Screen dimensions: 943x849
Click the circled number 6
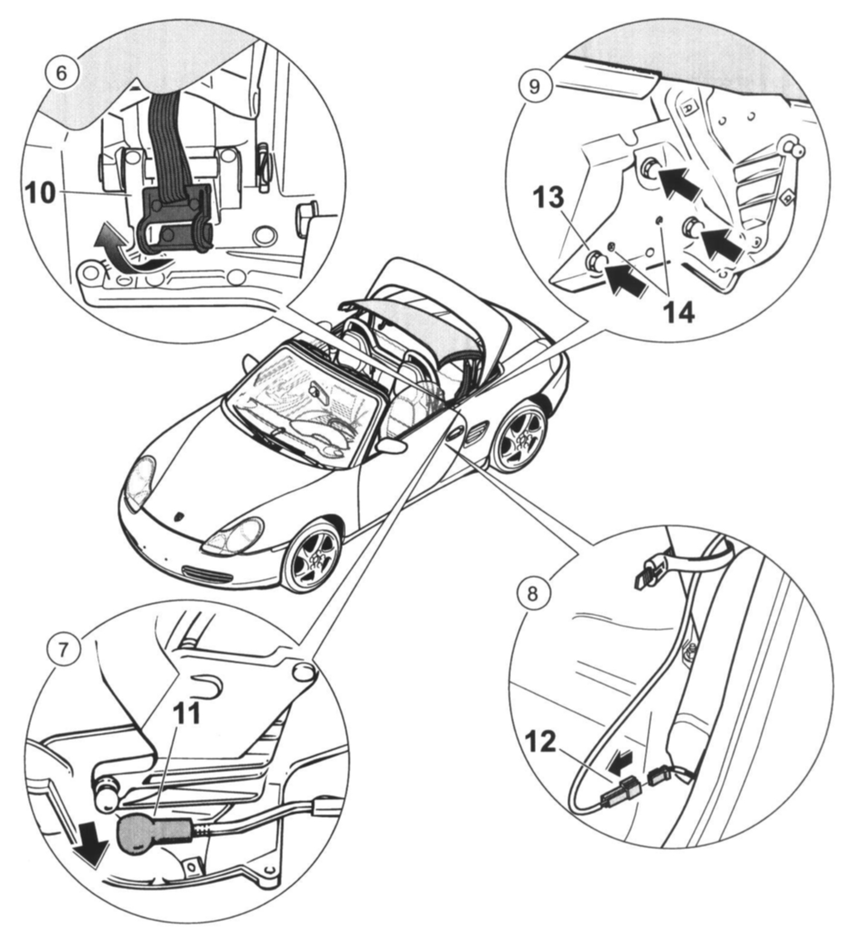(62, 73)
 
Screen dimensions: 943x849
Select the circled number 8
(532, 593)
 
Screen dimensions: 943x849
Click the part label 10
(41, 193)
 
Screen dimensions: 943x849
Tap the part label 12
(540, 742)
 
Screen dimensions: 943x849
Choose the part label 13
(548, 198)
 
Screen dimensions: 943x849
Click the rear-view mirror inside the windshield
(318, 390)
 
